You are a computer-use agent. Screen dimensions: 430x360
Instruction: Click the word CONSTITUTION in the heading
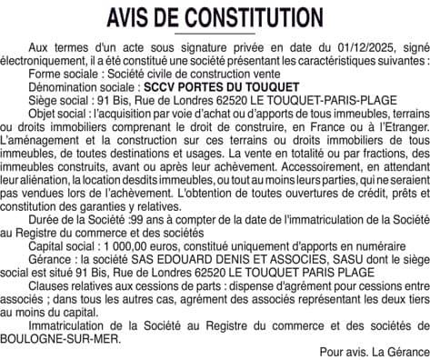[x=245, y=18]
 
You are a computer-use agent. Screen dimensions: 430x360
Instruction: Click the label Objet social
[x=58, y=115]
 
